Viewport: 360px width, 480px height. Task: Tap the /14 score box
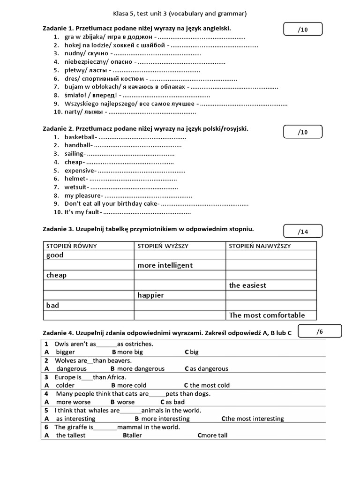[303, 232]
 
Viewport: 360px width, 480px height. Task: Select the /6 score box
[320, 331]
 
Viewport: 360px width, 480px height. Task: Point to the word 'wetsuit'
[75, 187]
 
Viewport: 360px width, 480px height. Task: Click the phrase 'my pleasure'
[82, 195]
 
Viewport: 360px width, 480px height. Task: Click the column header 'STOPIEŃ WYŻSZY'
[161, 246]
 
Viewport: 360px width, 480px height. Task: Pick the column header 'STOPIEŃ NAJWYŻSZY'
[260, 246]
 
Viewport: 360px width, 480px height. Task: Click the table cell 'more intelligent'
[165, 265]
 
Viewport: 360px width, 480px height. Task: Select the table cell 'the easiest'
[247, 285]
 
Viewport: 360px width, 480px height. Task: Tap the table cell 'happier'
[150, 295]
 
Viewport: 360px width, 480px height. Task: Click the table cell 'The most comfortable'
[267, 315]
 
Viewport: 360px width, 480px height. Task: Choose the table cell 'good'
[55, 255]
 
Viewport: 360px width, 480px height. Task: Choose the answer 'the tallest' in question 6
[71, 435]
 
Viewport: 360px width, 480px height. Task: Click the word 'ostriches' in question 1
[138, 344]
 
